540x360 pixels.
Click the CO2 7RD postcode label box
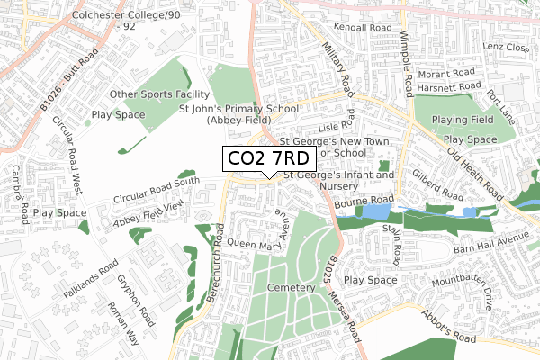click(268, 159)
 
